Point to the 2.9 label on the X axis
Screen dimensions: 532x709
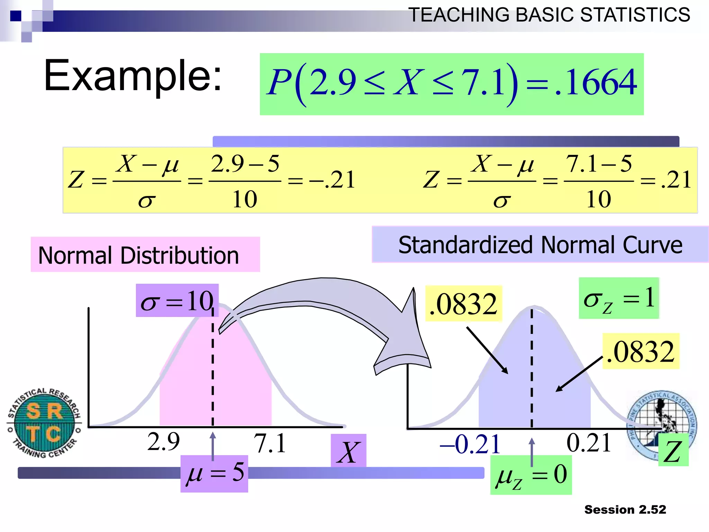tap(163, 442)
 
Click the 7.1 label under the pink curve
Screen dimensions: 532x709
tap(270, 444)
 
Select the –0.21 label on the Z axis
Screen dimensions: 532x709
tap(470, 444)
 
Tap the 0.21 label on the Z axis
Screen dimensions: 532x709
tap(589, 443)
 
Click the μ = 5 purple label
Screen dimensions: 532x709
tap(214, 473)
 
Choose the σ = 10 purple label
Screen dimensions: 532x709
tap(177, 301)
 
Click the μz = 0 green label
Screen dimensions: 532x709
tap(531, 475)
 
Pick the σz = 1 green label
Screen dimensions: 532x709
tap(619, 298)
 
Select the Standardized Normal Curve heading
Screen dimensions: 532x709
tap(540, 245)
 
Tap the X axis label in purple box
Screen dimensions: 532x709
tap(348, 452)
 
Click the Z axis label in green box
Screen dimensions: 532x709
tap(673, 452)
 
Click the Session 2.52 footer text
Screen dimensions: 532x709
tap(625, 509)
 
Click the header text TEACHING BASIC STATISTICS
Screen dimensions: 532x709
tap(549, 15)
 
